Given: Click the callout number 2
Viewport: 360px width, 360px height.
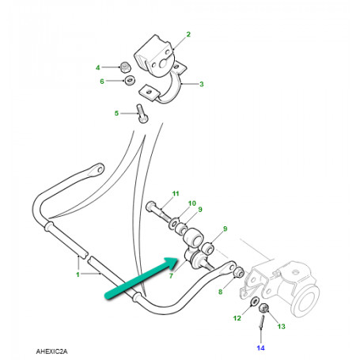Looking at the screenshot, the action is [188, 34].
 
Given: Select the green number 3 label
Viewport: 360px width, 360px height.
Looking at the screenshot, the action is [202, 84].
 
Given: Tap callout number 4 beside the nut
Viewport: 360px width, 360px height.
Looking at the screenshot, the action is [98, 68].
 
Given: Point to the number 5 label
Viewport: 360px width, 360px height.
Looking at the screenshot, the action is [116, 113].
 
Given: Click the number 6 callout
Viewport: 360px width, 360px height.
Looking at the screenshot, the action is [102, 81].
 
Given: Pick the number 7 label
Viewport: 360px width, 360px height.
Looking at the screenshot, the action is [171, 276].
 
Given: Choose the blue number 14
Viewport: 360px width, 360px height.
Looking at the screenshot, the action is [260, 348].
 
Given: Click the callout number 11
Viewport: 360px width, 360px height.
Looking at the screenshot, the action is [176, 194].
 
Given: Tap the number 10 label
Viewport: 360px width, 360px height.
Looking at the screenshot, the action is [192, 203].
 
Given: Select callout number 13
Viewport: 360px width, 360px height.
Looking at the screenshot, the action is [281, 327].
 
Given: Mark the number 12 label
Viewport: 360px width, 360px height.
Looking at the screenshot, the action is [237, 318].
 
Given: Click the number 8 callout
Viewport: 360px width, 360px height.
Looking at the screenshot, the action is [221, 292].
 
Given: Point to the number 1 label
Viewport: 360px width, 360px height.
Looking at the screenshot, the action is [78, 275].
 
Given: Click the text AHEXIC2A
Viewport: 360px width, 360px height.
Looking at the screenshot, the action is [51, 351].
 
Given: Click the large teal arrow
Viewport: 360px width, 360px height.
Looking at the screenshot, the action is [141, 278].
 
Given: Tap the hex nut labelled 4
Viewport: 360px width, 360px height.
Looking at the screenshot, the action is [126, 67].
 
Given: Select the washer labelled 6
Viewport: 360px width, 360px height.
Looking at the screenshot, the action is [130, 80].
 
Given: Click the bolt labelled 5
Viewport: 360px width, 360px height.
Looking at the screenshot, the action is [142, 114].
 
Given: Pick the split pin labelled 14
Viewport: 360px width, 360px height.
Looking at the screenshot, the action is [262, 322].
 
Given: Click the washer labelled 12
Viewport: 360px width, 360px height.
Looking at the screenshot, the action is [254, 301].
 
